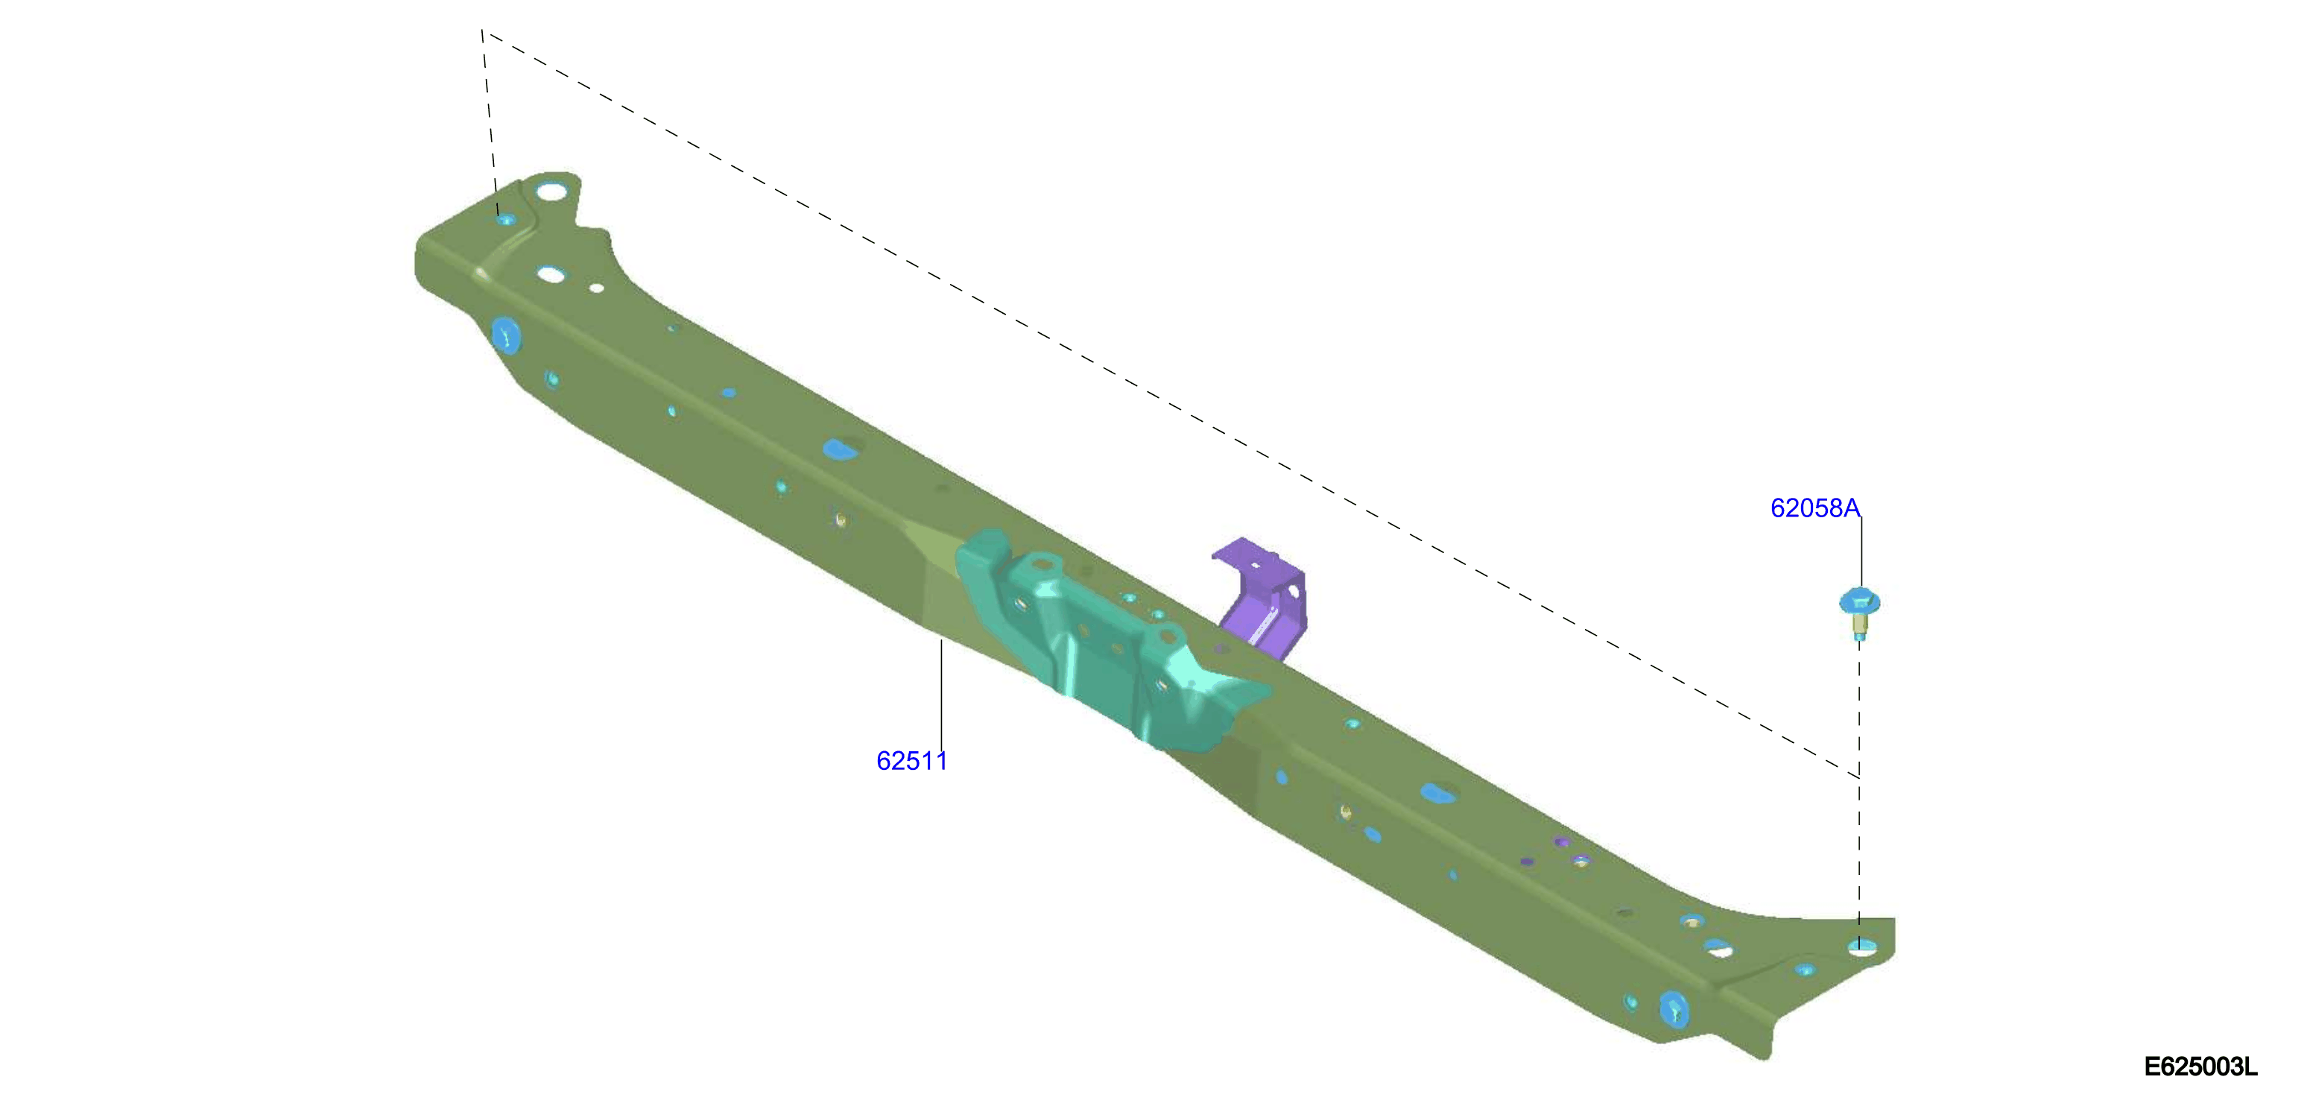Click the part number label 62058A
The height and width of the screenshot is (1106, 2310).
click(x=1815, y=508)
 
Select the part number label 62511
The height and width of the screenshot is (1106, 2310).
click(x=911, y=761)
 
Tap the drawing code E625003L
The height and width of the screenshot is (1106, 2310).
click(x=2200, y=1066)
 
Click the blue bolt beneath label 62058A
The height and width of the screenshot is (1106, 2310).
click(x=1860, y=613)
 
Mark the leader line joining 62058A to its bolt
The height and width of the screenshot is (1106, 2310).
click(x=1861, y=552)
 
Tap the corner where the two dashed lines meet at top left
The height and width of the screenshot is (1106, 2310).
click(x=482, y=31)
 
